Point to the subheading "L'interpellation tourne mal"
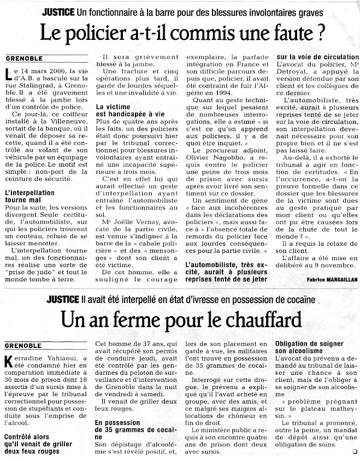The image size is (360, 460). (29, 197)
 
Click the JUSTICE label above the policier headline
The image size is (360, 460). (60, 12)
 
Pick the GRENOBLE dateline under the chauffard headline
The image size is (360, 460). (23, 345)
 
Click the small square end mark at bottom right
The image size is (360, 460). (355, 451)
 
